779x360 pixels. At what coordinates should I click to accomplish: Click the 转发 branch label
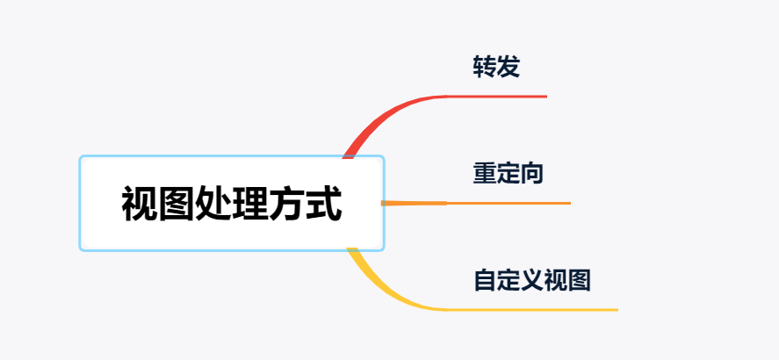point(496,67)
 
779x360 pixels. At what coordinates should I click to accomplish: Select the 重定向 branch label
point(509,173)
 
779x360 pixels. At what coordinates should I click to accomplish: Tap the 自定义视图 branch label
point(532,280)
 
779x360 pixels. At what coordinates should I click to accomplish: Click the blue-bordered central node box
point(232,203)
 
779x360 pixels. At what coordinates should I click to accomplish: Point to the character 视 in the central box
point(140,204)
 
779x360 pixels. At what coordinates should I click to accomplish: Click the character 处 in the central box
point(213,204)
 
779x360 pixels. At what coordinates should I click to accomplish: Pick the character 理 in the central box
point(250,204)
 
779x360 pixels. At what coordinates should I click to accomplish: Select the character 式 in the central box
point(323,204)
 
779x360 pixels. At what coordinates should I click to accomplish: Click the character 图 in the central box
point(177,204)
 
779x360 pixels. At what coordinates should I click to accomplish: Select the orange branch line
point(476,203)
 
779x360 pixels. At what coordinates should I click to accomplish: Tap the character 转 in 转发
point(485,67)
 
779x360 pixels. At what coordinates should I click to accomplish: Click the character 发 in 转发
point(509,67)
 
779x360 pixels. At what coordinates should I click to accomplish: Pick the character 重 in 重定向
point(485,173)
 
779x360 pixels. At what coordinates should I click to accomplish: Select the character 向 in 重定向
point(532,173)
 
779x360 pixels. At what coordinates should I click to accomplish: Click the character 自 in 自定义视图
point(485,280)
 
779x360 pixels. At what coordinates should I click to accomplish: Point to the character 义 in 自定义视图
point(532,280)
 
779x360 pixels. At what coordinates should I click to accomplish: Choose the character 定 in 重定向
point(509,173)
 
